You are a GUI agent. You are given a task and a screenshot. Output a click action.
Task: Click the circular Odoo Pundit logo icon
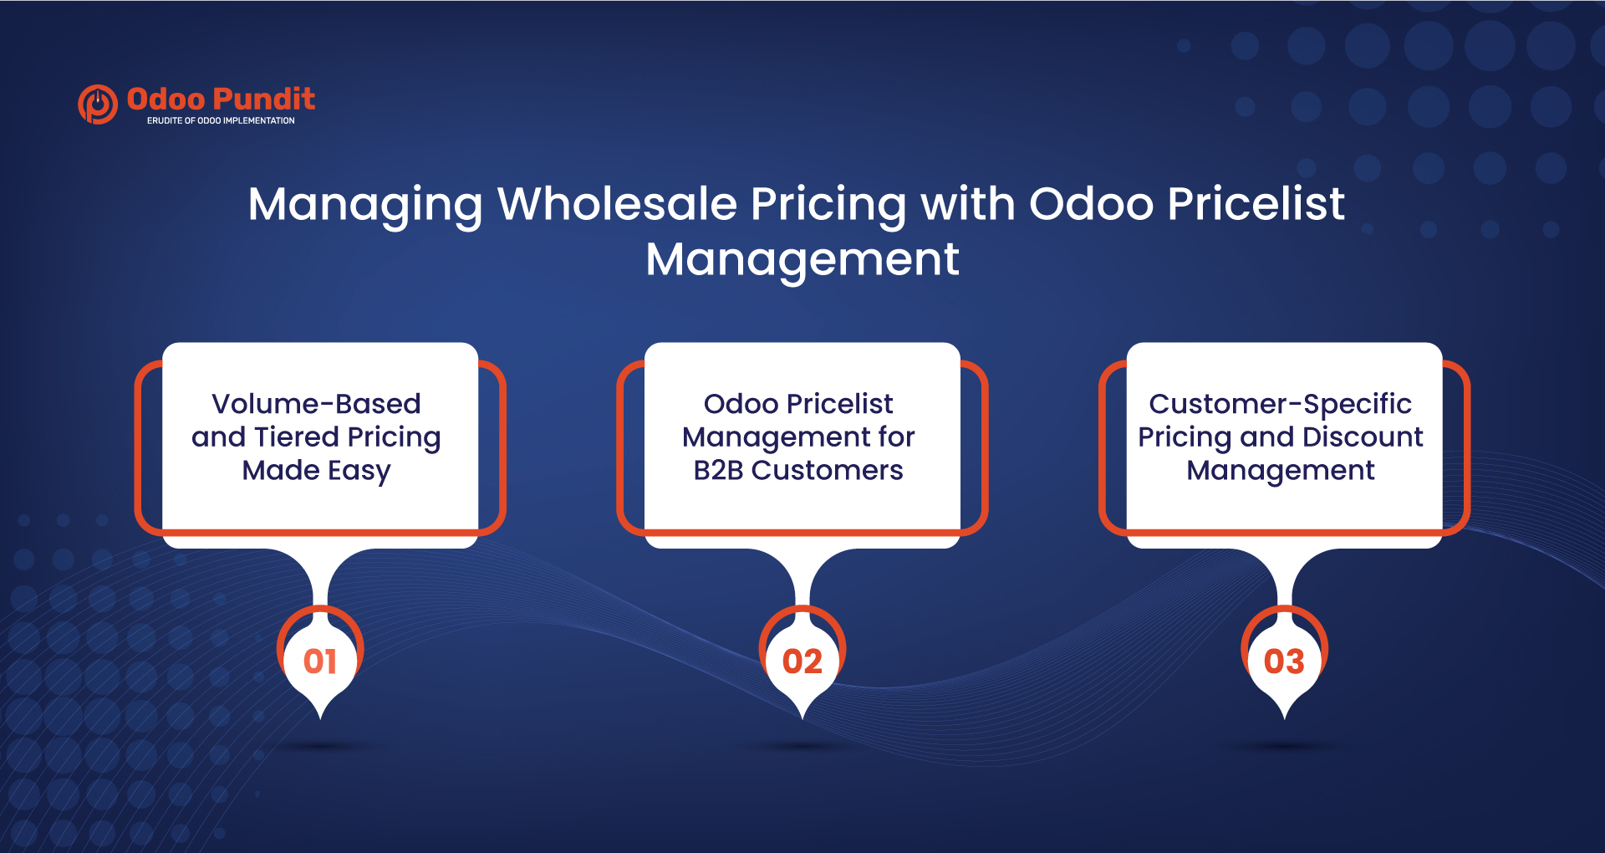click(x=98, y=105)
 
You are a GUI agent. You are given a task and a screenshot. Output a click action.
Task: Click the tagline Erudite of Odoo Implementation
click(x=221, y=120)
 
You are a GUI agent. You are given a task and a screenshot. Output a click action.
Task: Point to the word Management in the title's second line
click(x=802, y=259)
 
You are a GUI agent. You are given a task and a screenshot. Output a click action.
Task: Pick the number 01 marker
click(x=320, y=661)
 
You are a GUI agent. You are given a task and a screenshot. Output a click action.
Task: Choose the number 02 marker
click(x=802, y=661)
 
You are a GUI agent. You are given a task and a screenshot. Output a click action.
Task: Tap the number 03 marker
click(x=1284, y=661)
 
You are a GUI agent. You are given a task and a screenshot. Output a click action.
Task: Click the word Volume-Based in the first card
click(x=316, y=404)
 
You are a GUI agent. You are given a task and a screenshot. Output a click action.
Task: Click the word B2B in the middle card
click(x=718, y=470)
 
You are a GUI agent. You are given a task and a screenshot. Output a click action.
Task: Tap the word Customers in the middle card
click(x=827, y=470)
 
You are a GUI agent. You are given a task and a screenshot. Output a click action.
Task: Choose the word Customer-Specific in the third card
click(x=1280, y=404)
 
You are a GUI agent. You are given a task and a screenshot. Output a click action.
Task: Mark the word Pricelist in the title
click(x=1256, y=203)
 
